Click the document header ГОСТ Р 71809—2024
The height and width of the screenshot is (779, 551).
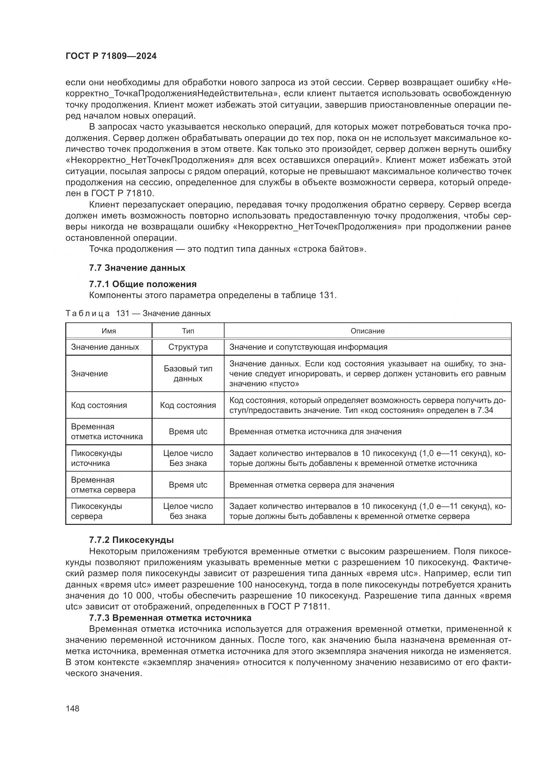[x=111, y=56]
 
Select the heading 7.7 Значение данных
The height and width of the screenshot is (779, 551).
[x=137, y=268]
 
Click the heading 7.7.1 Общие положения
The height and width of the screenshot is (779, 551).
[x=143, y=284]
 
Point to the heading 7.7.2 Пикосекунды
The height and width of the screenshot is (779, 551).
[x=131, y=540]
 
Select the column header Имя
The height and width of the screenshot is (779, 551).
[x=109, y=331]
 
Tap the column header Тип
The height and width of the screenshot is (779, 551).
[x=188, y=331]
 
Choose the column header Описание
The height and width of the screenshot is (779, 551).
[x=367, y=331]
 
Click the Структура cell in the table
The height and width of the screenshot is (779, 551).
[x=188, y=347]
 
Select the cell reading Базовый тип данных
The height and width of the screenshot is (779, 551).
[x=188, y=374]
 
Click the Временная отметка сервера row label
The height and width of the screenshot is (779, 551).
[x=103, y=485]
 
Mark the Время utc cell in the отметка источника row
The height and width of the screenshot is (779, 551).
[x=188, y=432]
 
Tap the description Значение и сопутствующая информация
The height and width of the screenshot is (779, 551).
[x=308, y=347]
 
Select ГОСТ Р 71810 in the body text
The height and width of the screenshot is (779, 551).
[x=123, y=194]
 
